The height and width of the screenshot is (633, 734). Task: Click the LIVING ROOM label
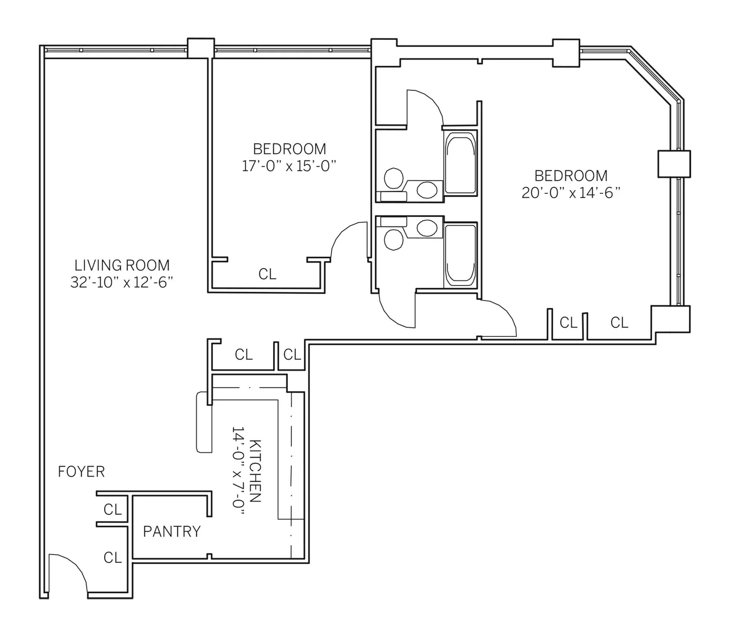click(x=122, y=265)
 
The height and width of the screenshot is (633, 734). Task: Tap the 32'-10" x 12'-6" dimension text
click(x=122, y=282)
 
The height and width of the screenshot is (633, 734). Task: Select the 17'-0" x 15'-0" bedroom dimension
click(x=289, y=166)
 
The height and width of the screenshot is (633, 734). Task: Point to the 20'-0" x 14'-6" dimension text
click(x=570, y=193)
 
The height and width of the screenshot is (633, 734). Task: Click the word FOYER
click(x=81, y=472)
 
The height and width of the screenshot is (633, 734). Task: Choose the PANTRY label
click(x=172, y=531)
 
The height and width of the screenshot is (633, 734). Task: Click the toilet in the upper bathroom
click(x=393, y=178)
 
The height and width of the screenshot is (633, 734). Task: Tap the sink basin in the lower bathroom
click(x=427, y=228)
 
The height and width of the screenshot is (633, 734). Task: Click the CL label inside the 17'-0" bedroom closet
click(x=267, y=274)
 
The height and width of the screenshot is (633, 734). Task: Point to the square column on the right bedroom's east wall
click(x=674, y=164)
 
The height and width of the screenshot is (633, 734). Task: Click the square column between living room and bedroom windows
click(x=201, y=48)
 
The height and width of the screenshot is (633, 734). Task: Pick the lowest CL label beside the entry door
click(x=112, y=558)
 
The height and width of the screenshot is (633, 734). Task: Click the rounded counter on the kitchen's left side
click(x=204, y=422)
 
